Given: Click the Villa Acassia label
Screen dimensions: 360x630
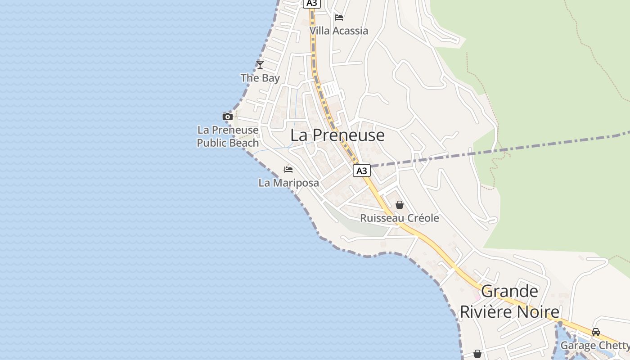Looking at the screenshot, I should (338, 31).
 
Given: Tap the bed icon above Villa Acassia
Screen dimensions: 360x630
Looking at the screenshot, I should (339, 18).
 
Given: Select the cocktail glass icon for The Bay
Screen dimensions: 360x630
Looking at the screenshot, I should (260, 64).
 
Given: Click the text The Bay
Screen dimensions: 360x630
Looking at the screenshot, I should (260, 78).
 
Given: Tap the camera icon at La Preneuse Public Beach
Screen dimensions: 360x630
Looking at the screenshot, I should (228, 117).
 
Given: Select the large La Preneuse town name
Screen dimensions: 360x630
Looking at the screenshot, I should (337, 135).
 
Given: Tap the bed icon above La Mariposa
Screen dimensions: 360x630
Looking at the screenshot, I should (288, 170).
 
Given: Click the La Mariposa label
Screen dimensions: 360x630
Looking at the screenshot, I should (288, 183).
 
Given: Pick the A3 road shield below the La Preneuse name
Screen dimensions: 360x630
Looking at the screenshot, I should (361, 171).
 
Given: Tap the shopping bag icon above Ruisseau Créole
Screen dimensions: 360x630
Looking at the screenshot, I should (400, 205).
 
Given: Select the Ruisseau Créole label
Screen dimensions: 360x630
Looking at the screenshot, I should (400, 218).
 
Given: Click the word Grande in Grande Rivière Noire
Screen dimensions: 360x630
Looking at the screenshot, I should (509, 292).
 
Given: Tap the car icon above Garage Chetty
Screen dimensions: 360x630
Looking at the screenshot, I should (596, 332).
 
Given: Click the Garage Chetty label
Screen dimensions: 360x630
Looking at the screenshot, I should (594, 346).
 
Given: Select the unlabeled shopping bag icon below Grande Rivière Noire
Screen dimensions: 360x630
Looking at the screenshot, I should (477, 354).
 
